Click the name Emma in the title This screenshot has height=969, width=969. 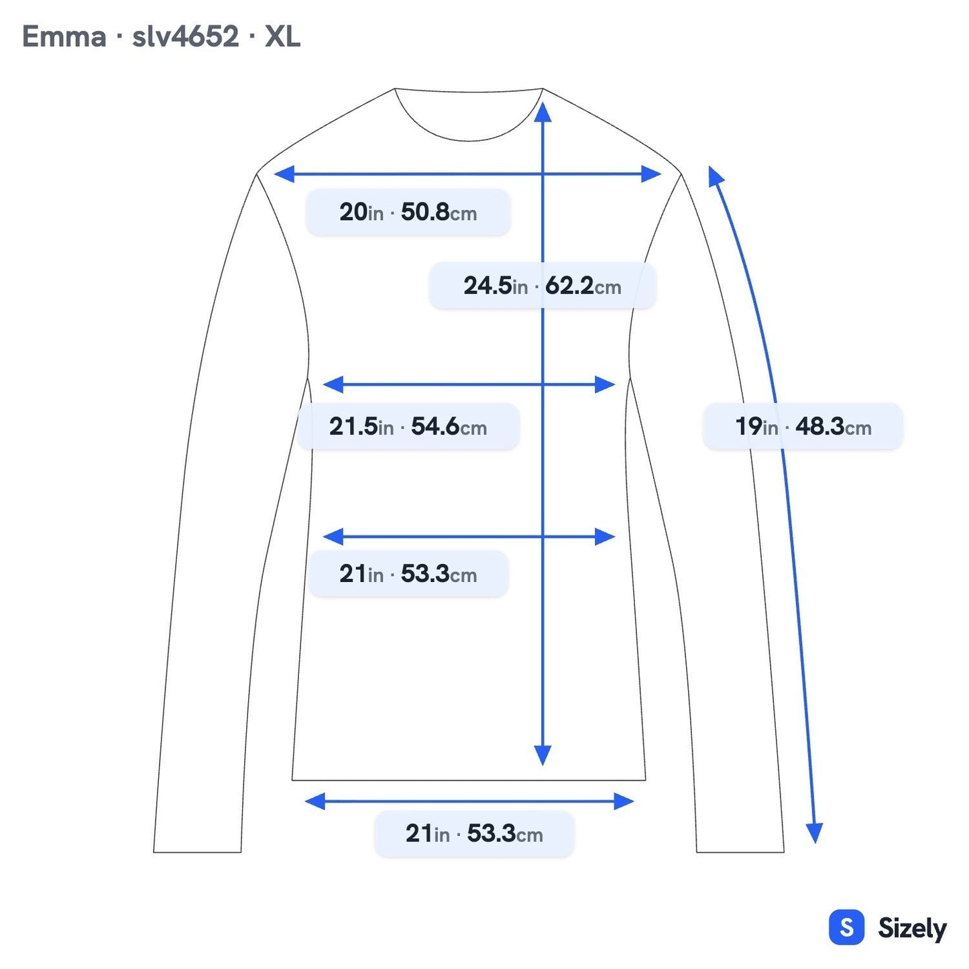point(64,37)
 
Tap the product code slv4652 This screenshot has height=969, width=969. point(186,37)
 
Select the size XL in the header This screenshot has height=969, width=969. point(282,37)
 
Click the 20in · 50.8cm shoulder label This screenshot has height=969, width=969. point(408,212)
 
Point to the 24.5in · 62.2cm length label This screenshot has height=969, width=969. point(542,286)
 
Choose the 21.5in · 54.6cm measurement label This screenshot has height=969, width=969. point(408,426)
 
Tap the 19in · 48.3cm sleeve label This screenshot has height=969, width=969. point(803,426)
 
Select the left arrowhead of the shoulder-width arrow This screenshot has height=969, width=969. point(284,174)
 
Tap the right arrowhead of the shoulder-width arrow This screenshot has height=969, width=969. point(651,174)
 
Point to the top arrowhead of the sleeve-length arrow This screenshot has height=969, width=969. point(715,176)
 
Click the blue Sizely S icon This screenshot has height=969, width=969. point(847,927)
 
